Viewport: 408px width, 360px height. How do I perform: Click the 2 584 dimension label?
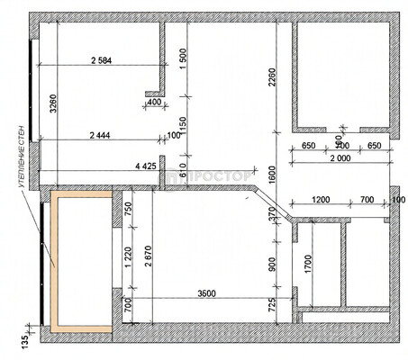point(106,60)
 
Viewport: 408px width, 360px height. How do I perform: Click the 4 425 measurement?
point(146,166)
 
